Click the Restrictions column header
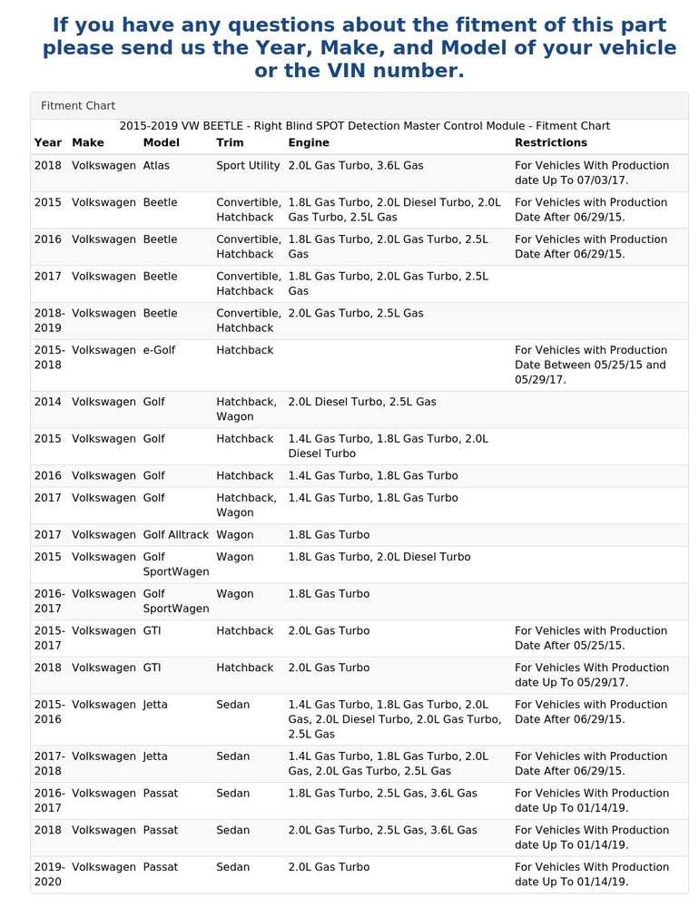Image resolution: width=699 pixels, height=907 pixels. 550,142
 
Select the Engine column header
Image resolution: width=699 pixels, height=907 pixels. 309,142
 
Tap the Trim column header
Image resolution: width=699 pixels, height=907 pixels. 230,142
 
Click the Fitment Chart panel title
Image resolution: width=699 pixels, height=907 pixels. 78,106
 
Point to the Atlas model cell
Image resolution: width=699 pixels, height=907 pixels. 156,166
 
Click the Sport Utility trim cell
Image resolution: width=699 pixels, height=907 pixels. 248,166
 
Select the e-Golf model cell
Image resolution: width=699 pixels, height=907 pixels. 159,350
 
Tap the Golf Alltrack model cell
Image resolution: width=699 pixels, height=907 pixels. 176,535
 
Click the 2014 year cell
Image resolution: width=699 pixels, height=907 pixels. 48,402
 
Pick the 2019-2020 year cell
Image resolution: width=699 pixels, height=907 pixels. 49,874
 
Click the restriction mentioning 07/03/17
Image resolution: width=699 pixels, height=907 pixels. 592,173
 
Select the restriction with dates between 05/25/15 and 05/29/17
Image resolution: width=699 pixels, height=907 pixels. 591,365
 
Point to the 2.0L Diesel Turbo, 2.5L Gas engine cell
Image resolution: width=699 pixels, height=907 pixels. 362,402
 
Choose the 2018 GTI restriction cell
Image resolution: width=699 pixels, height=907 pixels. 592,675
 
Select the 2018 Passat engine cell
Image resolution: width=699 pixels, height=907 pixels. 382,830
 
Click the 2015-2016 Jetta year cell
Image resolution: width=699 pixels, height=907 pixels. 49,712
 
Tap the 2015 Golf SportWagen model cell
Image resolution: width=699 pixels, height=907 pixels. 176,564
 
